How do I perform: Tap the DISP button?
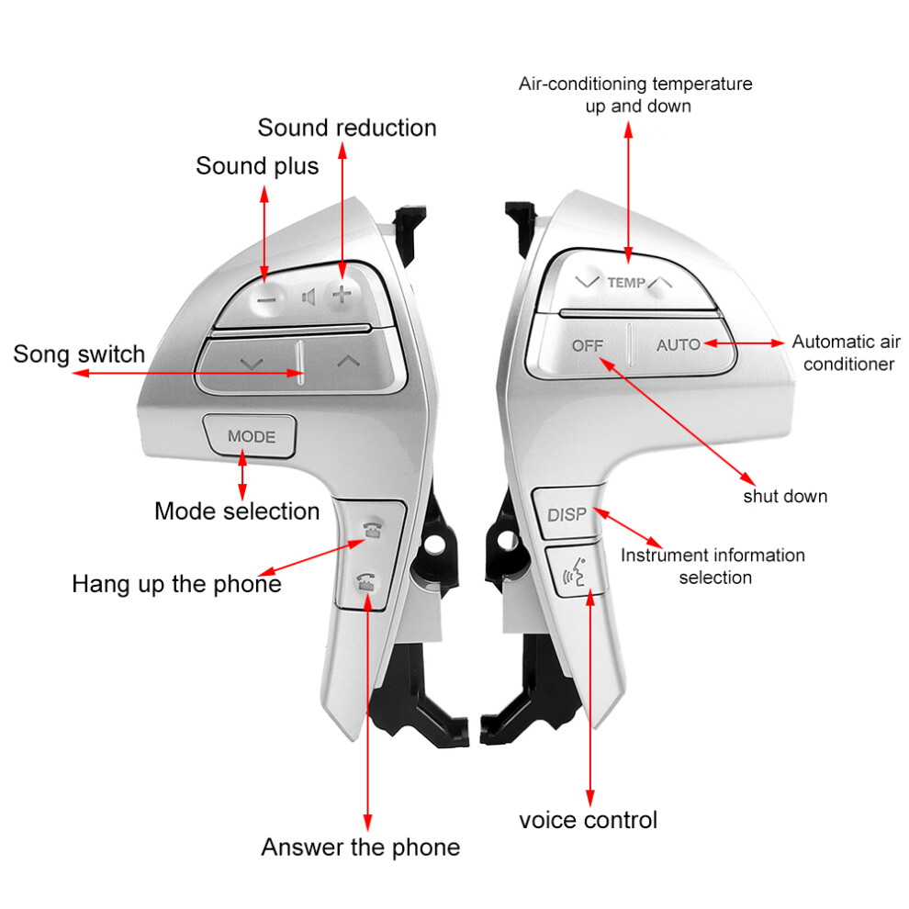click(x=567, y=513)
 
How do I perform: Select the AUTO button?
click(x=679, y=345)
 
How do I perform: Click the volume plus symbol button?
click(x=342, y=295)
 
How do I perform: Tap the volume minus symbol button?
click(x=266, y=300)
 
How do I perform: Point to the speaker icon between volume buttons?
click(x=309, y=297)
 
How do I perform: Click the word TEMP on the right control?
click(x=626, y=282)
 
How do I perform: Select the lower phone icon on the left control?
click(x=365, y=581)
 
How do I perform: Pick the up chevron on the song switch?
click(x=348, y=362)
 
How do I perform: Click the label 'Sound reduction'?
click(x=347, y=128)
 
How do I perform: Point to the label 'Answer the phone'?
click(x=360, y=847)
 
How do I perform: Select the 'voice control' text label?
click(x=588, y=820)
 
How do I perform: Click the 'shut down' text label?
click(x=785, y=496)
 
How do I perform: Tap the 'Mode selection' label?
click(x=237, y=511)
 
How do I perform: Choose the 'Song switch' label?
click(x=79, y=354)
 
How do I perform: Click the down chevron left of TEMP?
click(x=587, y=282)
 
